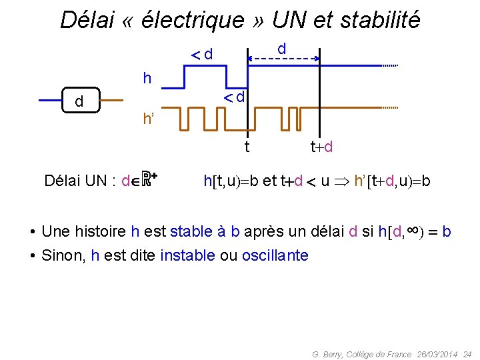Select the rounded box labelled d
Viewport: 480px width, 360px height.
click(x=79, y=101)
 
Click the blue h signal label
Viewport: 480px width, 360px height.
click(x=147, y=79)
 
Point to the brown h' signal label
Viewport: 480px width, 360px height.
click(x=149, y=119)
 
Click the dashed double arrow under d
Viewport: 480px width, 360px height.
click(x=283, y=59)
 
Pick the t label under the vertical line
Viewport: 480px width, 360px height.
click(x=247, y=146)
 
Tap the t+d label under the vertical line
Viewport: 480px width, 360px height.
click(x=321, y=146)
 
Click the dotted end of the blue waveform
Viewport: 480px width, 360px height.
click(x=389, y=65)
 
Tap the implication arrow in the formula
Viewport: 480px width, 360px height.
click(x=341, y=181)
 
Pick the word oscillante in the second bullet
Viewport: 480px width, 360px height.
click(x=275, y=255)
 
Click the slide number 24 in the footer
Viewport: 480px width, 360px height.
click(x=467, y=354)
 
